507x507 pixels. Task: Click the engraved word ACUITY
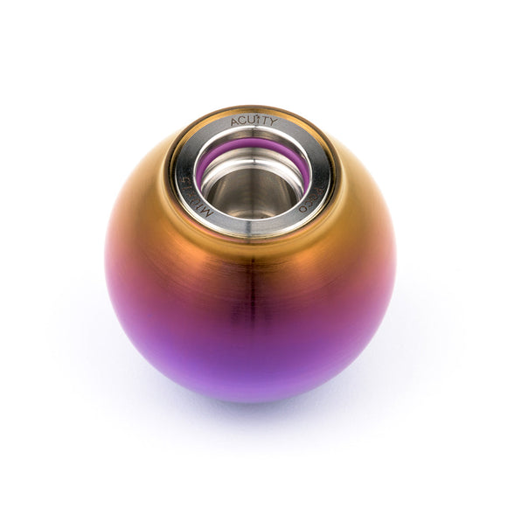tap(254, 122)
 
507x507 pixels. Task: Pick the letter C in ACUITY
tap(243, 122)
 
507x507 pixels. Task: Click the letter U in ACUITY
tap(251, 121)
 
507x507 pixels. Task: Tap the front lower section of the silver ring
tap(253, 229)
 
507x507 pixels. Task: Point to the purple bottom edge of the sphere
tap(253, 398)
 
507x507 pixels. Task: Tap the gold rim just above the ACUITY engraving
tap(253, 109)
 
